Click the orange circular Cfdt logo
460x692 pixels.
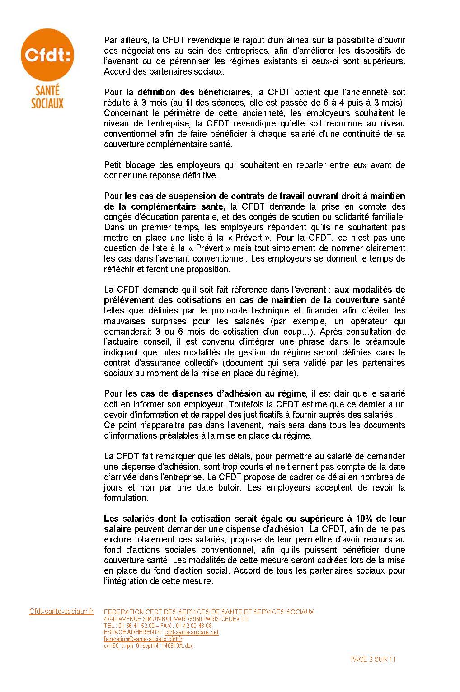pos(47,56)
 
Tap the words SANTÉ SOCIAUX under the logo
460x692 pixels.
pos(47,98)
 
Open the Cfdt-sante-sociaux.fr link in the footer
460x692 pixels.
pos(61,612)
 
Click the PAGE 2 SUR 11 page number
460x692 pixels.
pos(373,659)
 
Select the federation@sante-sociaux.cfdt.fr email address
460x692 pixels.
pos(143,639)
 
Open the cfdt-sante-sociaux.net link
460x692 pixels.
pos(192,632)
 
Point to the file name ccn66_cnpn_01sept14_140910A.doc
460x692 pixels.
pos(148,646)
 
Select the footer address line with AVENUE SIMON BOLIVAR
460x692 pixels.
pos(175,619)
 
